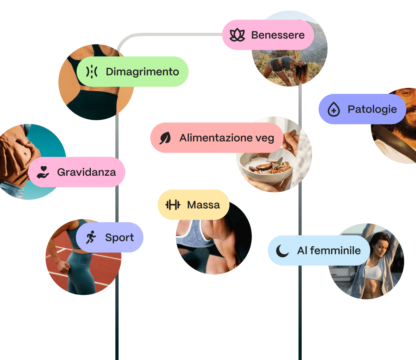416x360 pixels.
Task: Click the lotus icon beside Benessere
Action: coord(237,35)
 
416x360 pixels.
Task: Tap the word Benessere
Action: coord(278,35)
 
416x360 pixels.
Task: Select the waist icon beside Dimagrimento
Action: coord(92,72)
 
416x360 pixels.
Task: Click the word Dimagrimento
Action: coord(142,72)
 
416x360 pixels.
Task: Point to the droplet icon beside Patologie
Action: coord(334,109)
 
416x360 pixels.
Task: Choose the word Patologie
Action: coord(372,109)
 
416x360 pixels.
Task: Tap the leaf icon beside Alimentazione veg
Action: coord(165,138)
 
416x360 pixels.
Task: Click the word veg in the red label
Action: coord(265,138)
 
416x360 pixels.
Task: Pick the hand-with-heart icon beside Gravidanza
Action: coord(43,172)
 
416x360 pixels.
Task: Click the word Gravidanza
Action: coord(86,172)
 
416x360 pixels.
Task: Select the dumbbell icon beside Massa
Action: coord(173,205)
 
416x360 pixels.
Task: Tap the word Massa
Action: coord(204,205)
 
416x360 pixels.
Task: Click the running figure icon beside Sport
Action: coord(91,237)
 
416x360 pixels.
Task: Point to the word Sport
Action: coord(119,238)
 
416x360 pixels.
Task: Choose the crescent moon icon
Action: coord(282,251)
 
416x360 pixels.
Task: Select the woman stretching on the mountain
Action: coord(286,67)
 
